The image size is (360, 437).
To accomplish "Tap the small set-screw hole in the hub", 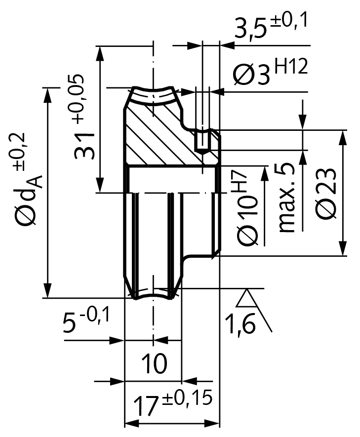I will click(x=203, y=141).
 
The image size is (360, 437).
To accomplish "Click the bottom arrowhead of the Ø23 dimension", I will click(x=342, y=249).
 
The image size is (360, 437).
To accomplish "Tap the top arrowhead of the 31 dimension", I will click(x=101, y=52).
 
